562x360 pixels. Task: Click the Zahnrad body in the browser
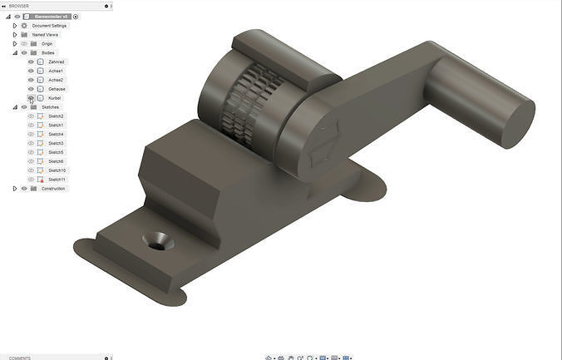pos(57,62)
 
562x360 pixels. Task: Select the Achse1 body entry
pos(56,71)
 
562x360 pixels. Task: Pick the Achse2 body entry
pos(56,80)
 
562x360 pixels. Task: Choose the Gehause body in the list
pos(57,89)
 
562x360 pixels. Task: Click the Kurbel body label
pos(55,98)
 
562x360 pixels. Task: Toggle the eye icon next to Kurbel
pos(31,98)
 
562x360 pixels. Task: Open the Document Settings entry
pos(49,26)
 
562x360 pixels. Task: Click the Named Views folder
pos(45,35)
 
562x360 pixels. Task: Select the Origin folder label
pos(47,43)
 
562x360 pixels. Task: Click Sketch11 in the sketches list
pos(57,180)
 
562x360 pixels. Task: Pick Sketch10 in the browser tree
pos(57,170)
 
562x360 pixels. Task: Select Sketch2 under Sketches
pos(56,116)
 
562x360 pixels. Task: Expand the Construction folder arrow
pos(15,189)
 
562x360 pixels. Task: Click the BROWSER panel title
pos(18,6)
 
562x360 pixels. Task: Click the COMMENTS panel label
pos(19,358)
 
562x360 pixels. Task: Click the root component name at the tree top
pos(52,17)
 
